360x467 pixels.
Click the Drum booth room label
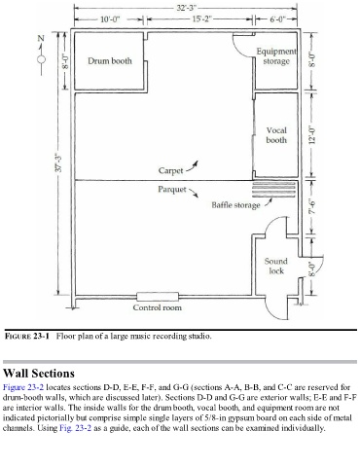click(x=110, y=61)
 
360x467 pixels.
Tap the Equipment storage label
click(x=276, y=56)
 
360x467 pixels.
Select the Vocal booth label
click(x=276, y=135)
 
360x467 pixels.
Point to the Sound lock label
click(x=276, y=266)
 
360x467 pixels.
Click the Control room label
click(x=158, y=307)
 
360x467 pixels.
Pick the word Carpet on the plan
click(x=170, y=170)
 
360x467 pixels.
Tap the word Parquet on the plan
click(x=172, y=190)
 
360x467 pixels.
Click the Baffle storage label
click(x=235, y=205)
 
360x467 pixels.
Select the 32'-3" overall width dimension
click(x=187, y=8)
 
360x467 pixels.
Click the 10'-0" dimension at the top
click(x=110, y=19)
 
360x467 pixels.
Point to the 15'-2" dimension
click(x=201, y=19)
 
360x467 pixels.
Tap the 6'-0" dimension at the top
click(x=277, y=19)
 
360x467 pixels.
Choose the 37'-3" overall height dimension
click(x=59, y=162)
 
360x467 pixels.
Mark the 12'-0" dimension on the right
click(x=312, y=134)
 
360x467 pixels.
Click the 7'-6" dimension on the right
click(x=312, y=206)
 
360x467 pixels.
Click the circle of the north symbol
click(x=41, y=59)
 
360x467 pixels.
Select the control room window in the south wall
click(x=158, y=297)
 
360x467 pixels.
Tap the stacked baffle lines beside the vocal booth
click(x=274, y=190)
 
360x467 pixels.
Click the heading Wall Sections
click(x=39, y=374)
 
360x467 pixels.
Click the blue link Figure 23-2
click(x=23, y=387)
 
